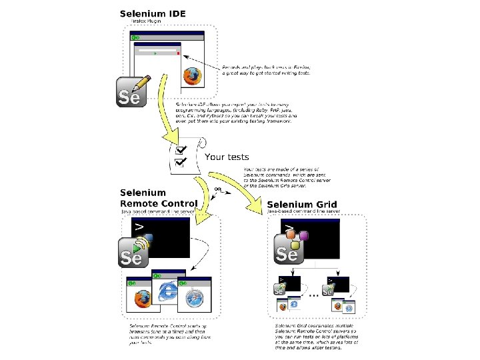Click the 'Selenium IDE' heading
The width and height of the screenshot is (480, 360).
point(153,13)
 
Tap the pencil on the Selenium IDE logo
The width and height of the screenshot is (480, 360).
point(141,83)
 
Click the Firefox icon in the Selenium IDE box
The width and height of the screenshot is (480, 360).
point(193,77)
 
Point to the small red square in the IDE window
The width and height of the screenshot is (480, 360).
point(178,53)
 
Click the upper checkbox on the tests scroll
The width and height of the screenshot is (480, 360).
point(179,151)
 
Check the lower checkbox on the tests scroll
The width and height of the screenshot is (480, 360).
point(179,161)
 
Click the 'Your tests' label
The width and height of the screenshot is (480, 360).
point(227,157)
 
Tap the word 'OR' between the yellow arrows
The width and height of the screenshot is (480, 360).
point(217,189)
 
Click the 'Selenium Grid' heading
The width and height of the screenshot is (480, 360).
point(302,205)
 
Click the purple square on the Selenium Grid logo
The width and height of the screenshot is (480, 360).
point(304,235)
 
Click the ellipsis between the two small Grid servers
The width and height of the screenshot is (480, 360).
point(310,293)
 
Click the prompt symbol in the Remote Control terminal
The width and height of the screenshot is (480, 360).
point(139,227)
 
